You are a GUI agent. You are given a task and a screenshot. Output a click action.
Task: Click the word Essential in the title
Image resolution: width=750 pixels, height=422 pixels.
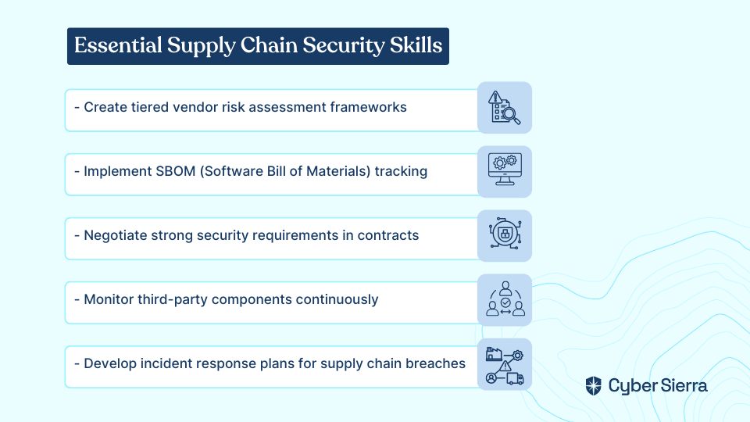tap(118, 45)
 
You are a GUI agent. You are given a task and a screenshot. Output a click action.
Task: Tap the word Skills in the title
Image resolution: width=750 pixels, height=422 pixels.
tap(416, 45)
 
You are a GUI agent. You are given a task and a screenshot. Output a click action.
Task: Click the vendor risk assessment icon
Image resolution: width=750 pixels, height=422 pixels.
tap(504, 108)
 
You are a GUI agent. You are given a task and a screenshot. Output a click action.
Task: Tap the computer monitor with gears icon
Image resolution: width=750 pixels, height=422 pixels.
tap(505, 170)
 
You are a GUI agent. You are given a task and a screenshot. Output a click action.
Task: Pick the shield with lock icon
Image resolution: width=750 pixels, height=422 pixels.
tap(505, 234)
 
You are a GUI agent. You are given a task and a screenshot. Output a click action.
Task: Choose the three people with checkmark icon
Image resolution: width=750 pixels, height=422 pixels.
tap(505, 299)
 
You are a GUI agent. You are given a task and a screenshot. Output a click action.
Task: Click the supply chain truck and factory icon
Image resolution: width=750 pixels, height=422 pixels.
tap(505, 366)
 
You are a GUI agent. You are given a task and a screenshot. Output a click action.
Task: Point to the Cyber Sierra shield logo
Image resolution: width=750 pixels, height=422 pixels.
tap(594, 385)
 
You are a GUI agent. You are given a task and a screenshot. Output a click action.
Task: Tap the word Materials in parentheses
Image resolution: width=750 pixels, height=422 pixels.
tap(338, 171)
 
